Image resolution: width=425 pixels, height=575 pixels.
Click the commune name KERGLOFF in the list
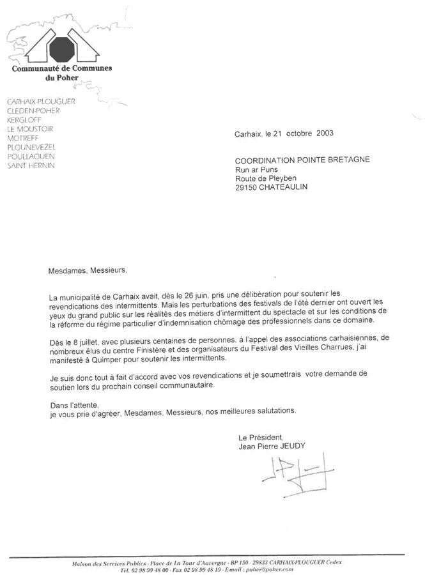22,119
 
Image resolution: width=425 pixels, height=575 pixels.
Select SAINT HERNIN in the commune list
31,165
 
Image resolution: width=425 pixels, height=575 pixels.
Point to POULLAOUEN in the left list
31,157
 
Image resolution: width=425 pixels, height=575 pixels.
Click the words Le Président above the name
261,438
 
